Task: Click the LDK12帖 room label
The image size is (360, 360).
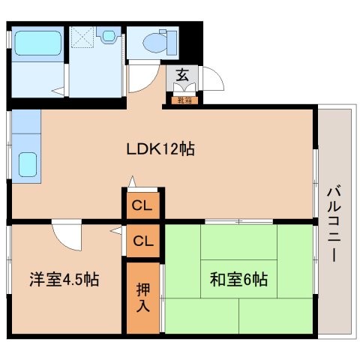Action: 160,148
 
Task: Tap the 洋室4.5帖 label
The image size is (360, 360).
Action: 65,280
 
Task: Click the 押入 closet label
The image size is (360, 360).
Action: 142,298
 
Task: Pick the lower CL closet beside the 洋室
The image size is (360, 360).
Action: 142,241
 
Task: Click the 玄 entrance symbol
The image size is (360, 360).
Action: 182,75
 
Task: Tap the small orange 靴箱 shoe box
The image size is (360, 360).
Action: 184,99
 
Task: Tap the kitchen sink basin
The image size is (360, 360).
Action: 27,163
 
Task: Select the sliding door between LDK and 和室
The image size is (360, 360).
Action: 238,221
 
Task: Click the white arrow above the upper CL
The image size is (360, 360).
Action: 132,182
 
